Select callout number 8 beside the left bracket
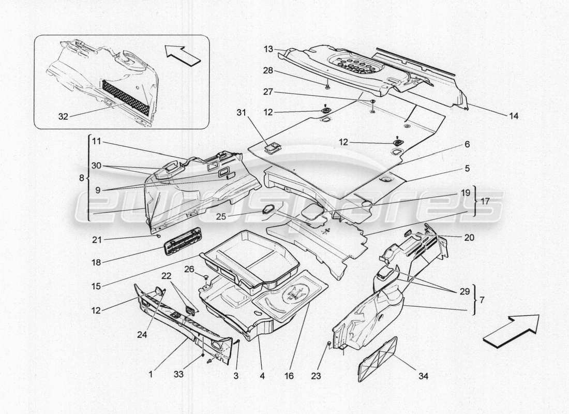tap(81, 178)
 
